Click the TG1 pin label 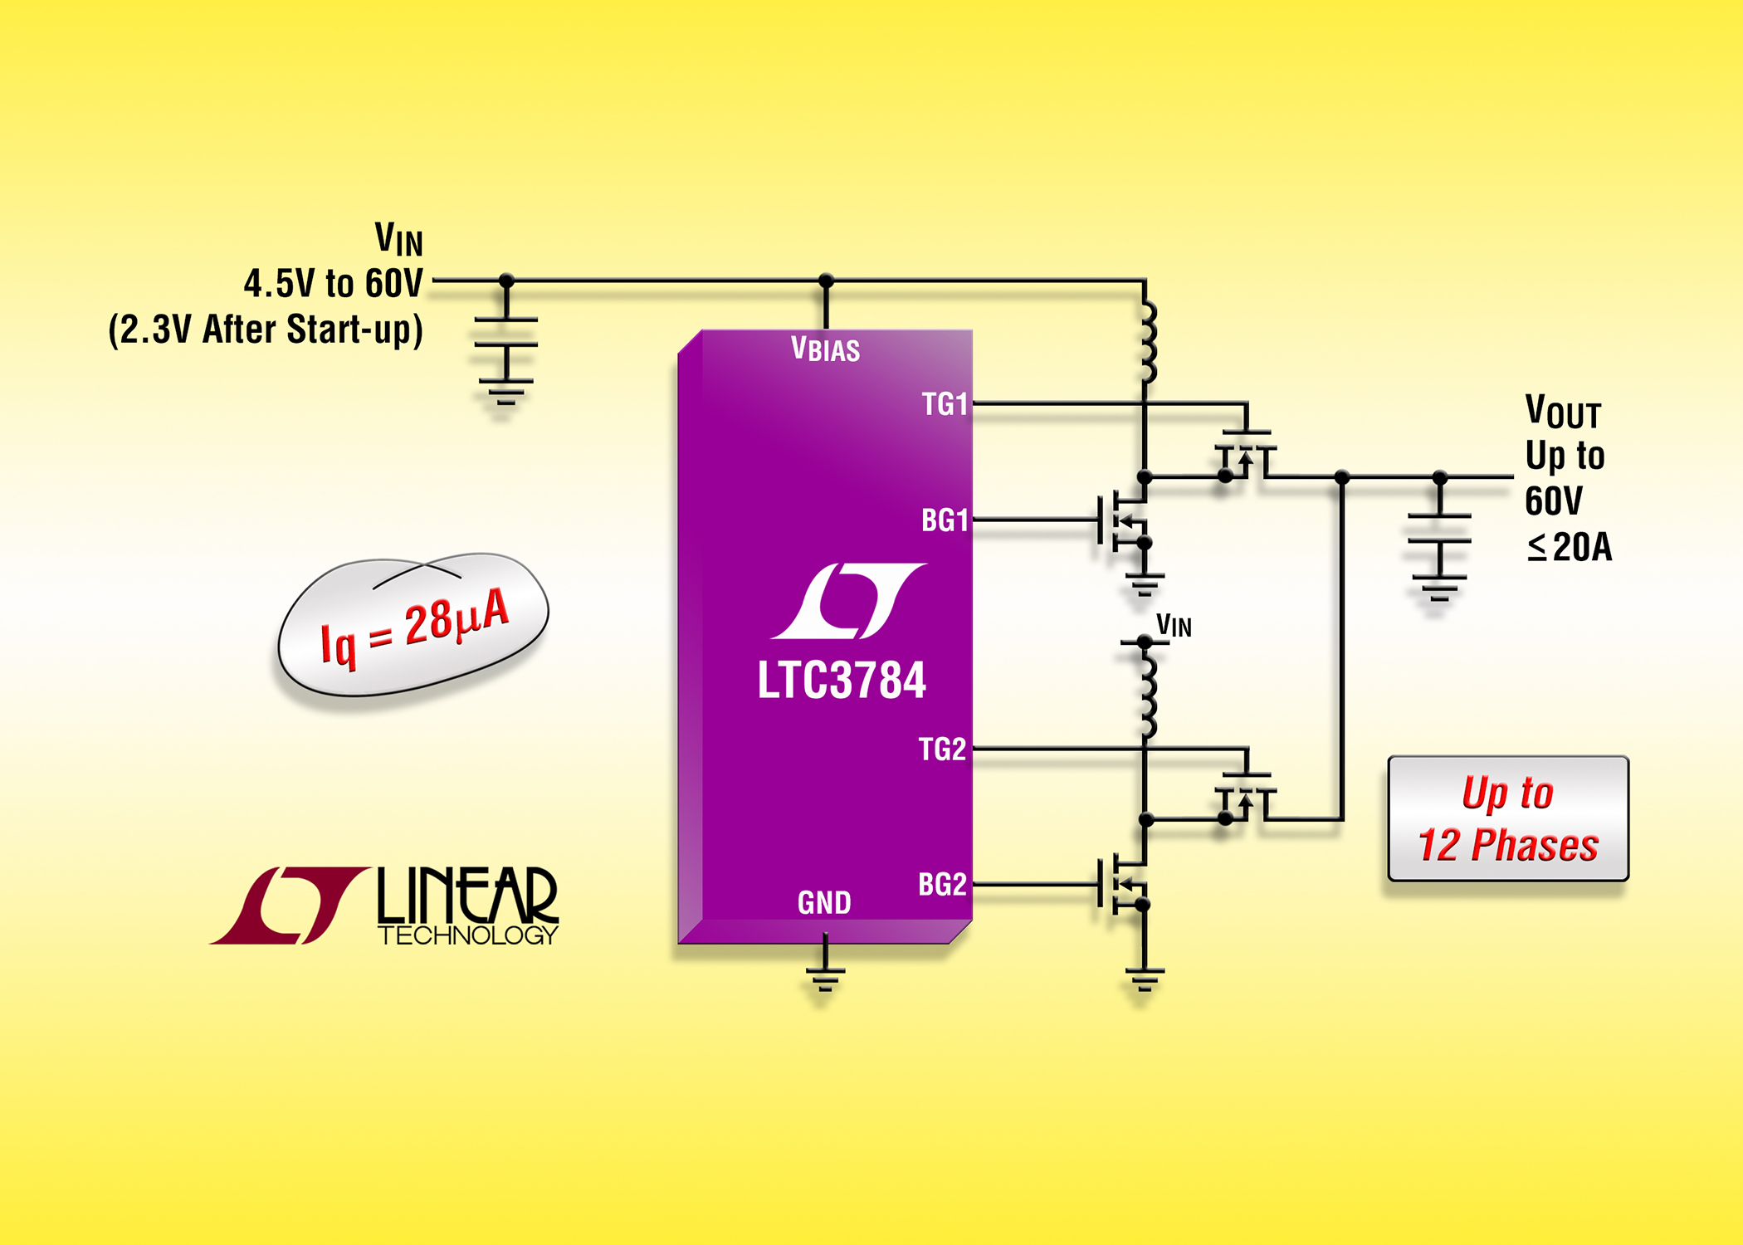point(945,404)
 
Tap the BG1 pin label point(945,520)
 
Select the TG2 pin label point(942,749)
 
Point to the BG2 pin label point(942,885)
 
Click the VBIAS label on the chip point(825,349)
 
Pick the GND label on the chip point(824,903)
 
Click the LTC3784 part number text point(842,681)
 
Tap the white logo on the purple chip point(847,601)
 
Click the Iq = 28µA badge point(413,624)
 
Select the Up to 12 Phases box point(1508,818)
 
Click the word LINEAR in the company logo point(468,896)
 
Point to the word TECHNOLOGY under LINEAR point(468,935)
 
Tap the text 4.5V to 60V point(334,284)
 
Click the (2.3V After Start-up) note point(266,330)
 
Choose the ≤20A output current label point(1569,547)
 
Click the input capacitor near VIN point(505,332)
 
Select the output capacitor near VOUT point(1439,529)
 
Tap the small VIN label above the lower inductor point(1174,626)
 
